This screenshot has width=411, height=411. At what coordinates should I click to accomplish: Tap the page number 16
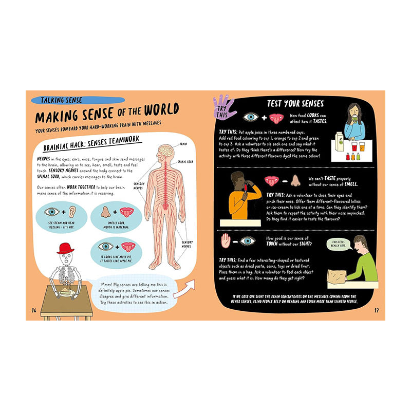click(34, 310)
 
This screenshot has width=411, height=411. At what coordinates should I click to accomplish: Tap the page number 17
click(376, 310)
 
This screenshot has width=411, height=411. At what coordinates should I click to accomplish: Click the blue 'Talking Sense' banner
click(77, 100)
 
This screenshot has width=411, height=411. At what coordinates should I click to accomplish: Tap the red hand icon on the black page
click(225, 240)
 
